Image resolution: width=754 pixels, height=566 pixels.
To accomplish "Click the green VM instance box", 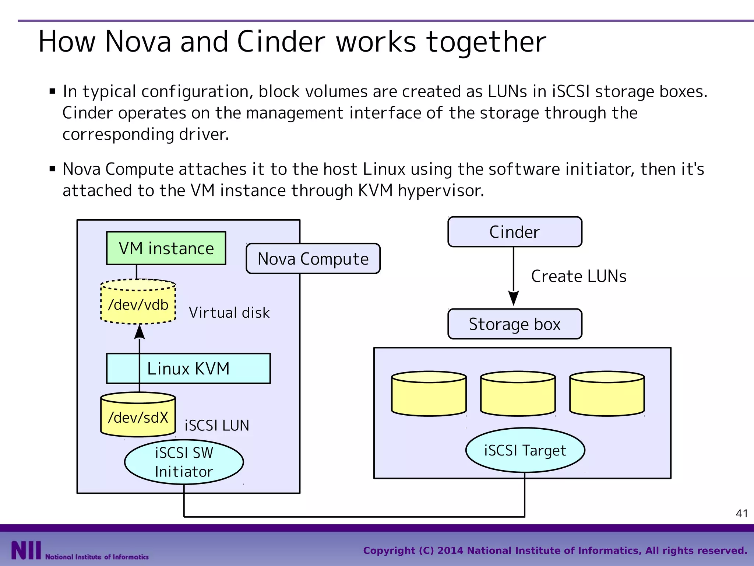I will coord(166,248).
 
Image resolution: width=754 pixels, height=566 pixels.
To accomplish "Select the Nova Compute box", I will coord(313,259).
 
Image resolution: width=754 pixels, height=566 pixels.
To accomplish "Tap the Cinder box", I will coord(515,232).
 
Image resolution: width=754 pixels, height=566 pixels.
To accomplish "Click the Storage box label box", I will coord(515,324).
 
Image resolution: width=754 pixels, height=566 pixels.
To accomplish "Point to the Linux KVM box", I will coord(188,368).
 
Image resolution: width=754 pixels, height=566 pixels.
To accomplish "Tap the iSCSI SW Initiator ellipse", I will coord(184,462).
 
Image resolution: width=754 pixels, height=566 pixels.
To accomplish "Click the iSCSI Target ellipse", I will coord(525,450).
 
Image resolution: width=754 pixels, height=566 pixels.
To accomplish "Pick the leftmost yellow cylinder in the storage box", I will coord(429,394).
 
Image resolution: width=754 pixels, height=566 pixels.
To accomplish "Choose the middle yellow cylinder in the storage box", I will coord(518,394).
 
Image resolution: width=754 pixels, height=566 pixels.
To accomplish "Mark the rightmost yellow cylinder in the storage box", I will coord(607,394).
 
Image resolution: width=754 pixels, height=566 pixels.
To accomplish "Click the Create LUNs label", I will coord(578,276).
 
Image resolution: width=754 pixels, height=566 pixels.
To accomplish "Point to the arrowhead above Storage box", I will coord(514,298).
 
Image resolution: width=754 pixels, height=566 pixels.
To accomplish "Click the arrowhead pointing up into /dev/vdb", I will coord(140,332).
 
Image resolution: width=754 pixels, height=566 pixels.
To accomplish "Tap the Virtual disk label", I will coord(229,313).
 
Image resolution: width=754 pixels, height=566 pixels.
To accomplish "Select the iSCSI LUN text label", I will coord(217,426).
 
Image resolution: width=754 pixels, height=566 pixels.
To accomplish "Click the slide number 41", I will coord(741,513).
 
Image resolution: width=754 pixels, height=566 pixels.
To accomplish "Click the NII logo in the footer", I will coord(26,551).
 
